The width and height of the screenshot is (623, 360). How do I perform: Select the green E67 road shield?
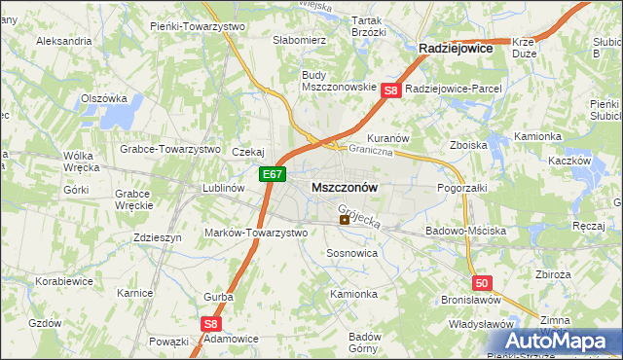click(x=273, y=175)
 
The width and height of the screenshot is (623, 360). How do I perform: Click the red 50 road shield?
click(x=482, y=282)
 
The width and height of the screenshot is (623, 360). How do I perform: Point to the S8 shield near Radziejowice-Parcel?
click(x=391, y=90)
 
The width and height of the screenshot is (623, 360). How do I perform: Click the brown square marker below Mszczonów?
click(x=345, y=220)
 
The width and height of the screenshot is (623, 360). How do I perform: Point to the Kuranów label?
click(x=386, y=138)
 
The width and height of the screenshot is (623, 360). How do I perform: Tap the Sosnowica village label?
click(x=351, y=252)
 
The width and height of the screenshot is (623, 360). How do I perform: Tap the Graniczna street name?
click(x=371, y=151)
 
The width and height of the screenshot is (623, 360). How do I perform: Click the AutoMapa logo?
click(x=562, y=341)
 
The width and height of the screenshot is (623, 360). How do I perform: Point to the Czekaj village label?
click(x=248, y=152)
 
